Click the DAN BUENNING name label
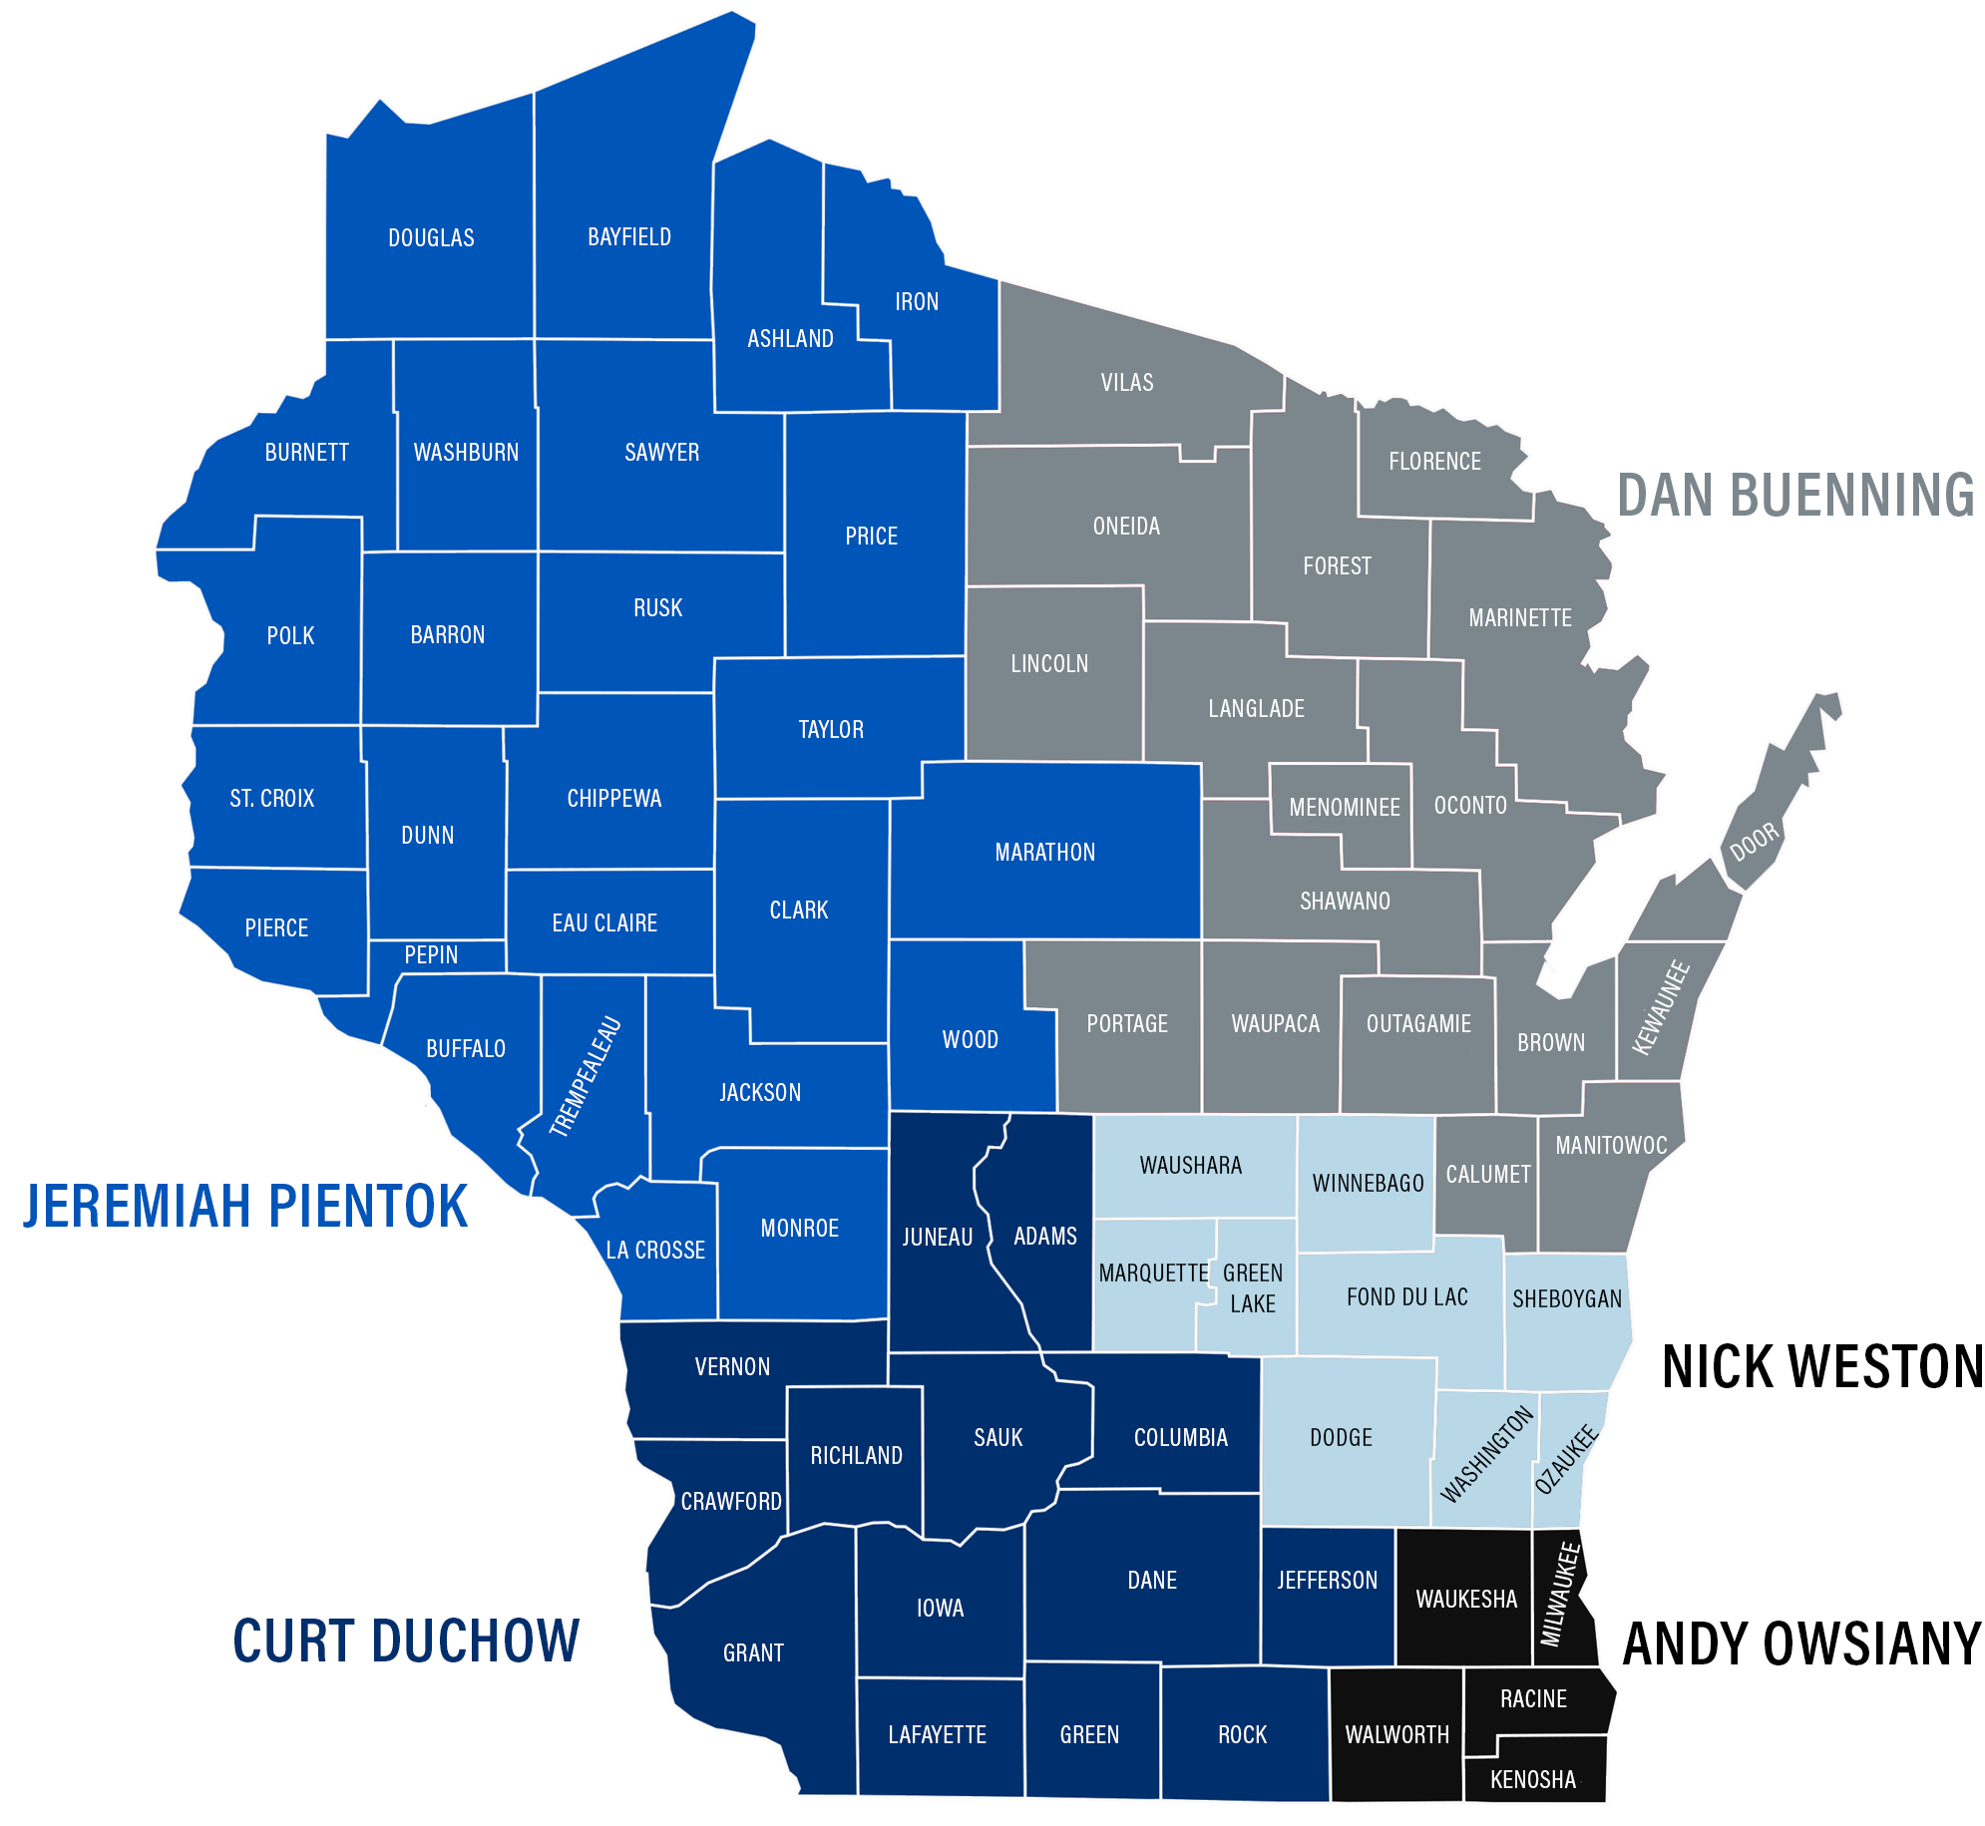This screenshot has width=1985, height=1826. coord(1794,496)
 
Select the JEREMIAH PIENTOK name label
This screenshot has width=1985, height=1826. coord(245,1206)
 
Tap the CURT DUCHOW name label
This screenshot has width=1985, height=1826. coord(405,1641)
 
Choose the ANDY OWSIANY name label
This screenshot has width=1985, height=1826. coord(1801,1643)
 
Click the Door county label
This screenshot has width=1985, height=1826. coord(1754,842)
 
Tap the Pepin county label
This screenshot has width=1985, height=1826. coord(431,954)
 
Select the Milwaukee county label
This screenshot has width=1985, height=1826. coord(1561,1594)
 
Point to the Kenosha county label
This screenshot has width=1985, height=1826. coord(1532,1779)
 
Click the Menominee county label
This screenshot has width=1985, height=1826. coord(1344,807)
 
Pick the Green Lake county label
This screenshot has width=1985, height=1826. coord(1253,1287)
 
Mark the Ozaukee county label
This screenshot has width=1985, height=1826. coord(1566,1460)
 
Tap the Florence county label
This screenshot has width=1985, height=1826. coord(1434,461)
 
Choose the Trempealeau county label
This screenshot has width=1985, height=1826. coord(586,1077)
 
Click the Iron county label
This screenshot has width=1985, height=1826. coord(916,301)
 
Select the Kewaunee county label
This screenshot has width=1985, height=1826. coord(1661,1007)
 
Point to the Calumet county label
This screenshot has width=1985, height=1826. coord(1487,1174)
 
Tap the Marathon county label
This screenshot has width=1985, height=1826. coord(1044,852)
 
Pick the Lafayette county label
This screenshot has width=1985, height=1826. coord(937,1734)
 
